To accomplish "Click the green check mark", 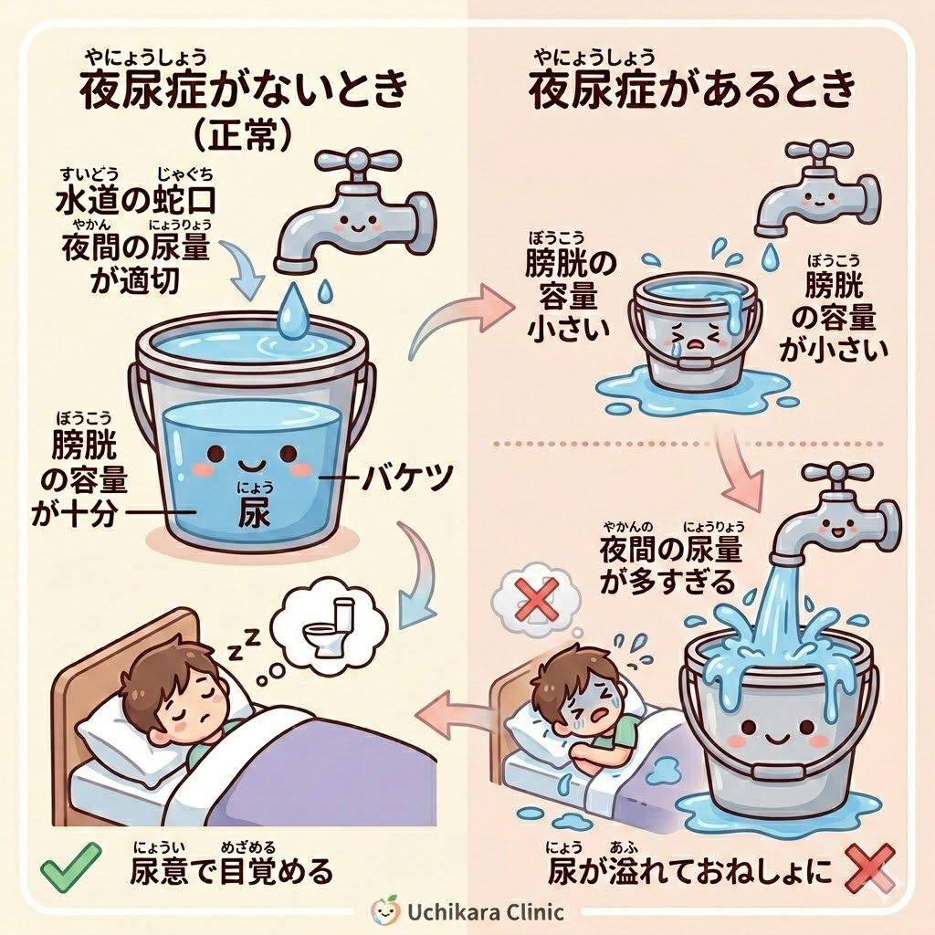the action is coord(70,867).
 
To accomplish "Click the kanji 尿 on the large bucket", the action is coord(254,512).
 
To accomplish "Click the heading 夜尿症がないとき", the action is coord(244,90).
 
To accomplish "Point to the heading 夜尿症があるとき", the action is coord(693,90).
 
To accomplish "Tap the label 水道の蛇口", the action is coord(135,201).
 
